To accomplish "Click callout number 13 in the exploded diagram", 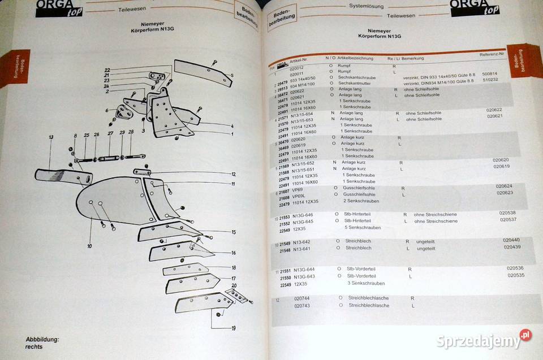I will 51,137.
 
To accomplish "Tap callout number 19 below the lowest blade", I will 233,328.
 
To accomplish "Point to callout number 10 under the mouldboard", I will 89,246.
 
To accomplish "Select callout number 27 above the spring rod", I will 109,135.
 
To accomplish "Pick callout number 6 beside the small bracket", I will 106,110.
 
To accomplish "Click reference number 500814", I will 489,73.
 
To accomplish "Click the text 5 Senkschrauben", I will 363,228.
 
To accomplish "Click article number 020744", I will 302,298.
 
